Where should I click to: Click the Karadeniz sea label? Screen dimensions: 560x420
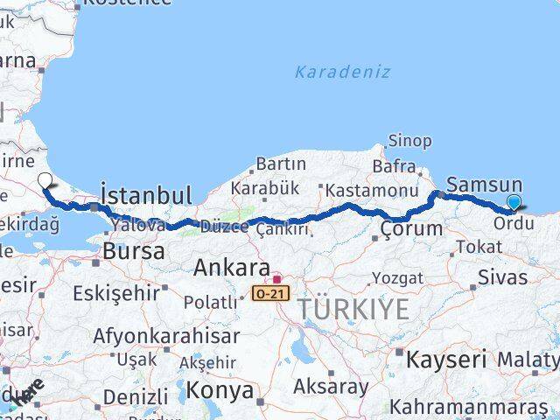342,72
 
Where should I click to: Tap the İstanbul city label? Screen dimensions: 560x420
146,194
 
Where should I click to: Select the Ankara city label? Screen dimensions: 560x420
232,267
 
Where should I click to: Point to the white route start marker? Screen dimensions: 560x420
45,181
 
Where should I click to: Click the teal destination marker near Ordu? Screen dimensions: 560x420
514,203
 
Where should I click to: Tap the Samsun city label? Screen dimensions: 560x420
484,185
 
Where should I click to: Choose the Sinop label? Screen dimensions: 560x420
409,141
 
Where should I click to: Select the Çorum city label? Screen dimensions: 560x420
411,229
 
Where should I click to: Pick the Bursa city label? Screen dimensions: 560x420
133,251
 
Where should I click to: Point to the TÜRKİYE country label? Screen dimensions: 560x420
353,309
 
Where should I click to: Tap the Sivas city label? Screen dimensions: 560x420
503,277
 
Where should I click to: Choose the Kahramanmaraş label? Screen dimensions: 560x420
468,408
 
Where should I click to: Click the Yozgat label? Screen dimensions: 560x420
397,278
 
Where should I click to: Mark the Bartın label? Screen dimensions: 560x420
280,164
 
